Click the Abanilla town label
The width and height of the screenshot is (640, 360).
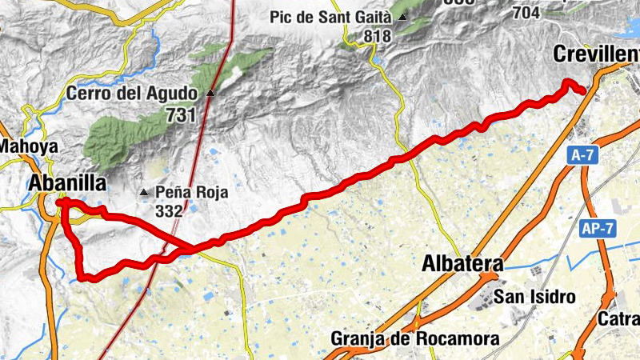[x=67, y=183]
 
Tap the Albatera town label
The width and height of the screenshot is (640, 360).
[x=462, y=264]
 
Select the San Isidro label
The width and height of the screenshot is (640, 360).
[x=534, y=297]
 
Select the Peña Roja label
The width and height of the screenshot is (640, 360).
[x=192, y=192]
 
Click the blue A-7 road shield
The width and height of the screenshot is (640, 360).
[x=583, y=157]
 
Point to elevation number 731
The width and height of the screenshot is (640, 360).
[x=181, y=115]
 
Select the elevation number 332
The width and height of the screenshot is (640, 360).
[x=170, y=211]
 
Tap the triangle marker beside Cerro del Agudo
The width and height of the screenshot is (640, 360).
[x=210, y=94]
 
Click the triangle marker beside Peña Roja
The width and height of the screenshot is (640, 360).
[x=144, y=192]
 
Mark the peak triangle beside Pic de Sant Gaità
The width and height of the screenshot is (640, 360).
[x=403, y=17]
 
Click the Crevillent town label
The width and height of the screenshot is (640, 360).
[x=596, y=54]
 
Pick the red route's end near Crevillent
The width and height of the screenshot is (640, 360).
[x=583, y=91]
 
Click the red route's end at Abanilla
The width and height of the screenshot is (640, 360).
[x=60, y=202]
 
